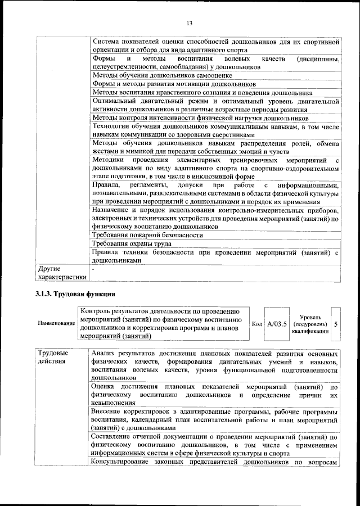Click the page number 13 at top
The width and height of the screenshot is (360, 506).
[x=189, y=22]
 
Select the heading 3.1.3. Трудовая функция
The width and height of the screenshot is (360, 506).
[x=75, y=293]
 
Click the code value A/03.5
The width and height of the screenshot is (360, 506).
[x=277, y=324]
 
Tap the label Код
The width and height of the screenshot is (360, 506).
[x=256, y=324]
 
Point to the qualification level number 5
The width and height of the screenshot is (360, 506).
[x=336, y=324]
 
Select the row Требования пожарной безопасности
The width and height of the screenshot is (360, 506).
[x=147, y=234]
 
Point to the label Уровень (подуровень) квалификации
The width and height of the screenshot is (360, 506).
[x=310, y=324]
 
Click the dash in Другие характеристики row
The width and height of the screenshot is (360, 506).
[x=94, y=269]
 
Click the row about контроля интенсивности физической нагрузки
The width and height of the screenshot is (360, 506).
[x=200, y=119]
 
